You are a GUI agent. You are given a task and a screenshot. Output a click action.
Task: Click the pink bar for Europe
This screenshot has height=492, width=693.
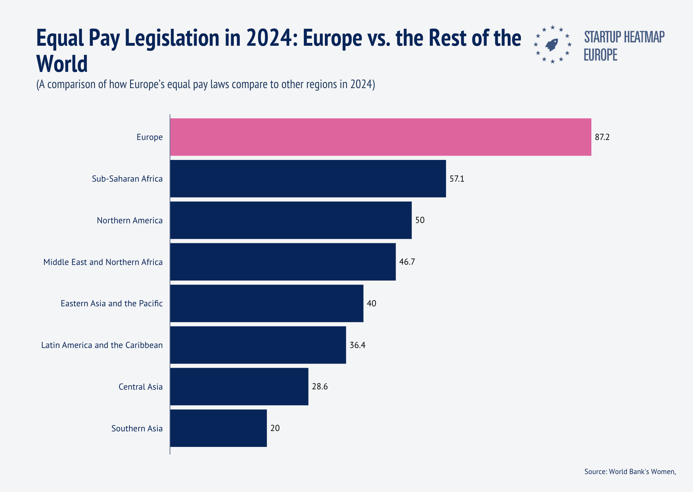[x=380, y=137]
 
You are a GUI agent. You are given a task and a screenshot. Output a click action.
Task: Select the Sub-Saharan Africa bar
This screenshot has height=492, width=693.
[x=308, y=179]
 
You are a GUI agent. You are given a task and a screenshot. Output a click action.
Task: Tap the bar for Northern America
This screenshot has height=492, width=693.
[x=291, y=220]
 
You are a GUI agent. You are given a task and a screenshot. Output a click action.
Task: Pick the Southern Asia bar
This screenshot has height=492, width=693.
[x=218, y=428]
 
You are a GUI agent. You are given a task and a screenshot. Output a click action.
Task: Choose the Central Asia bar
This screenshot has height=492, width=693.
[x=239, y=386]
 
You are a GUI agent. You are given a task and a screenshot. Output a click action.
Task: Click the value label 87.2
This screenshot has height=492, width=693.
[x=602, y=137]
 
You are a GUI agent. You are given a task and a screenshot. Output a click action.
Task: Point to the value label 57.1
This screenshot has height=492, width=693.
[x=457, y=179]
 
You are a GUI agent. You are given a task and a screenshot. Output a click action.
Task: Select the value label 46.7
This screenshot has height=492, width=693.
[x=407, y=262]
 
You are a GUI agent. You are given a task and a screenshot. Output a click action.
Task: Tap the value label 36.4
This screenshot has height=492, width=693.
[x=357, y=345]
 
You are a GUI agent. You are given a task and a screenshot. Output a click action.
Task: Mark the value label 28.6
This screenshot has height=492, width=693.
[x=320, y=387]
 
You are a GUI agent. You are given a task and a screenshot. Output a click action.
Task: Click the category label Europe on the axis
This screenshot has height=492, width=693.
[x=149, y=137]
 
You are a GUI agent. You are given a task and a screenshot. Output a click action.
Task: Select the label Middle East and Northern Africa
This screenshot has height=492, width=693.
[x=103, y=262]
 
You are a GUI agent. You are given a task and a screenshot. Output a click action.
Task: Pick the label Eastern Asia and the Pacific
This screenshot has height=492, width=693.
[x=111, y=303]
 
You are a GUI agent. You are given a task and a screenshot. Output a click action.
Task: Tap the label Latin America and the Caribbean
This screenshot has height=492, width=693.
[x=102, y=345]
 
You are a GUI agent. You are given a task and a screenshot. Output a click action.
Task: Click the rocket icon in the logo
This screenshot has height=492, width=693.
[x=552, y=44]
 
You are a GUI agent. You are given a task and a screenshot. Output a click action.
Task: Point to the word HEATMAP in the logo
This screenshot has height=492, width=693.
[x=644, y=37]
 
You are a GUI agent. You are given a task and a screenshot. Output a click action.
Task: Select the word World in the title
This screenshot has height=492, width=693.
[x=62, y=64]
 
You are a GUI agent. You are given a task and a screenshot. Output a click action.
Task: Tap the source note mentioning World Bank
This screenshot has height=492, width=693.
[x=630, y=471]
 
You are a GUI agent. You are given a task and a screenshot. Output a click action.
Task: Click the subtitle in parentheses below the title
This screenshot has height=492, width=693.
[x=206, y=84]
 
